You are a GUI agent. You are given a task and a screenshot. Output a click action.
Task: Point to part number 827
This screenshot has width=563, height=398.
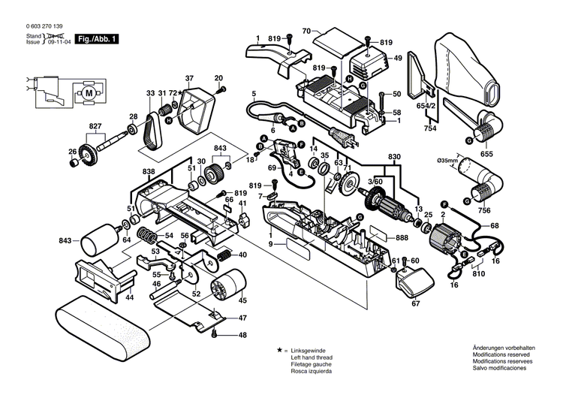95,125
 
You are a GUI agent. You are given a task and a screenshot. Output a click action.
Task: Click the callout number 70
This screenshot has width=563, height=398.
306,31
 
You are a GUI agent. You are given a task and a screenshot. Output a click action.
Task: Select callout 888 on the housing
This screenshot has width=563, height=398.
402,237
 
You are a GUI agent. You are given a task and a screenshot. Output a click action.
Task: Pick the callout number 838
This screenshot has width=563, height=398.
149,172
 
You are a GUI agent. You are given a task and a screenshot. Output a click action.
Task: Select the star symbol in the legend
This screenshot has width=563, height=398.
278,351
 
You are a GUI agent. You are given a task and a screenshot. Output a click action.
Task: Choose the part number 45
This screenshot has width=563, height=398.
242,300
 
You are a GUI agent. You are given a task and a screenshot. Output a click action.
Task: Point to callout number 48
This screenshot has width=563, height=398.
242,335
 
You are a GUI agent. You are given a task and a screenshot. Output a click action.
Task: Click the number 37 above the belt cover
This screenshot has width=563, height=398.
189,78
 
